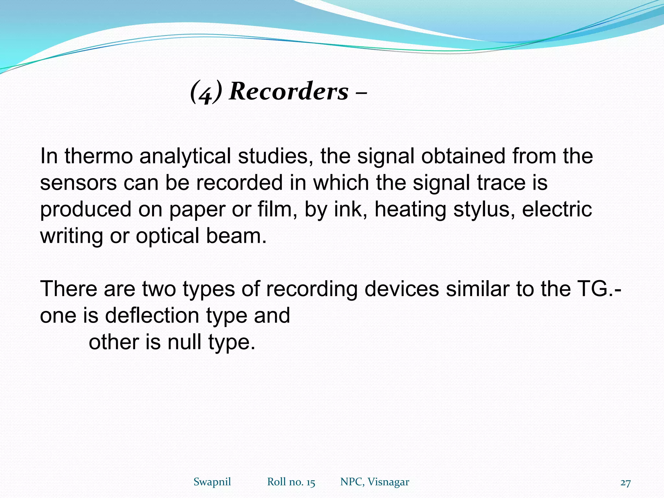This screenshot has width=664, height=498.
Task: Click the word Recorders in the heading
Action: point(289,91)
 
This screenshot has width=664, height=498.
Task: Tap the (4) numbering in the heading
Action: point(206,92)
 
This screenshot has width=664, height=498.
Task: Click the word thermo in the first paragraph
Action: point(99,156)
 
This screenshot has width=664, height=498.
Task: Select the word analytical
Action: point(185,156)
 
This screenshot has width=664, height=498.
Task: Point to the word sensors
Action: point(78,183)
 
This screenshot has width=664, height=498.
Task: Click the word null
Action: point(184,342)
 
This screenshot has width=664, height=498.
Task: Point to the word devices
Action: point(401,289)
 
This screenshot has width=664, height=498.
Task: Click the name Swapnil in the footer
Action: point(212,482)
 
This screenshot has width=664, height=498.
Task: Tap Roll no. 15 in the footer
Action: point(291,482)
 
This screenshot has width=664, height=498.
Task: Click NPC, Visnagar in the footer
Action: point(374,482)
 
